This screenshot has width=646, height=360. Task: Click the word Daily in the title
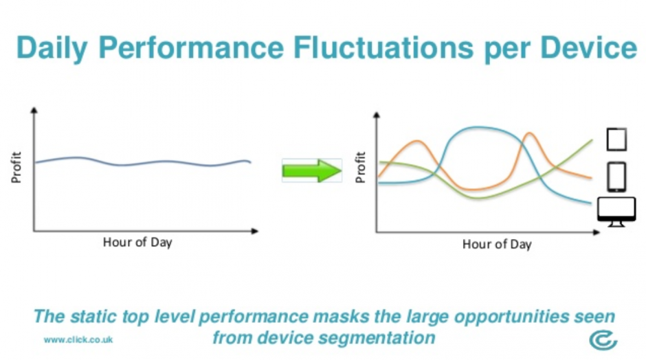pyautogui.click(x=52, y=48)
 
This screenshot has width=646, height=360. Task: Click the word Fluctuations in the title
pyautogui.click(x=383, y=47)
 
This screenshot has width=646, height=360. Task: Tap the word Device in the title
pyautogui.click(x=589, y=47)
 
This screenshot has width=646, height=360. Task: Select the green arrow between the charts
pyautogui.click(x=312, y=170)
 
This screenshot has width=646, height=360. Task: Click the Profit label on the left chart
pyautogui.click(x=16, y=167)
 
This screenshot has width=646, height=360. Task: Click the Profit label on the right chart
pyautogui.click(x=360, y=167)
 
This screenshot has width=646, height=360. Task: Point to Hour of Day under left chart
pyautogui.click(x=137, y=243)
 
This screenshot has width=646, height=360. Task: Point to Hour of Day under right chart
pyautogui.click(x=497, y=245)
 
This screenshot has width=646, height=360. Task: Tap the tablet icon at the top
pyautogui.click(x=616, y=139)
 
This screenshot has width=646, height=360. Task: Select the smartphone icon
pyautogui.click(x=616, y=177)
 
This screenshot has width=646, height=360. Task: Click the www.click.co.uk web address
pyautogui.click(x=78, y=340)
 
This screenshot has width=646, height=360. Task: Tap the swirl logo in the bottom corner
pyautogui.click(x=603, y=340)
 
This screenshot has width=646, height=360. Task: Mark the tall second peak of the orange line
pyautogui.click(x=529, y=133)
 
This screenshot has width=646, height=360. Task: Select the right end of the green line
pyautogui.click(x=592, y=140)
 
